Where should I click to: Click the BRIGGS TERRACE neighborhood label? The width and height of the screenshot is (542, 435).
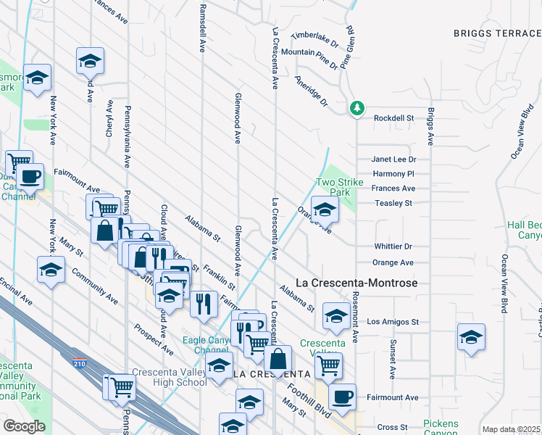(x=497, y=33)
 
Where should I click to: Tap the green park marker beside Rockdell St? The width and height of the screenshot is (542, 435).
(x=356, y=109)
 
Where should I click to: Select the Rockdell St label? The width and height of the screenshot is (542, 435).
(x=393, y=118)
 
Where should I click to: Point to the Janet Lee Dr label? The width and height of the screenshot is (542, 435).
(x=394, y=159)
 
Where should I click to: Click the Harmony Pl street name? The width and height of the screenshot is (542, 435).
(x=393, y=174)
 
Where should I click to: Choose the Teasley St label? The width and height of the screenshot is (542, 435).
(x=393, y=203)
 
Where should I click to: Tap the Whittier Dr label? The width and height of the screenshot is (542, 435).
(x=393, y=246)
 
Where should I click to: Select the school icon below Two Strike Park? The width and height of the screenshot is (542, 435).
(x=325, y=210)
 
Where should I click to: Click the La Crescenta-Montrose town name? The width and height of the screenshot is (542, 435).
(x=358, y=283)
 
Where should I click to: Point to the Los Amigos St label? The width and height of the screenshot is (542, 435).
(x=393, y=321)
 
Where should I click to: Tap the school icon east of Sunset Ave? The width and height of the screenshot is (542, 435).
(x=471, y=337)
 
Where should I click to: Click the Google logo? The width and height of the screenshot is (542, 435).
(x=24, y=426)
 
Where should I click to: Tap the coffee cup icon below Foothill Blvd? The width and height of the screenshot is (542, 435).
(x=342, y=397)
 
